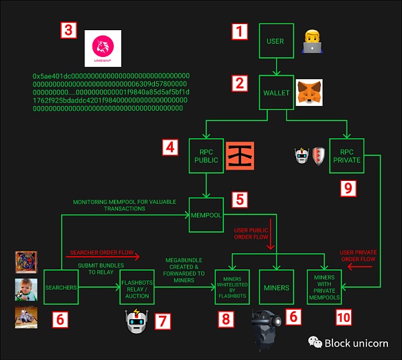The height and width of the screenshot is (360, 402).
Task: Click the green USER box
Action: (275, 42)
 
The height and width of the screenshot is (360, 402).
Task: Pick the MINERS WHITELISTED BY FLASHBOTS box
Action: (232, 288)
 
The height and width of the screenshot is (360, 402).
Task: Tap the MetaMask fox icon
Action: (308, 93)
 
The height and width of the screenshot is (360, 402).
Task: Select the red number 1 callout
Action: (240, 32)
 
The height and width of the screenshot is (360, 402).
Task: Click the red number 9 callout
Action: (347, 189)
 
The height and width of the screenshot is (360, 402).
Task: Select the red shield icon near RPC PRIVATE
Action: (320, 156)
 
